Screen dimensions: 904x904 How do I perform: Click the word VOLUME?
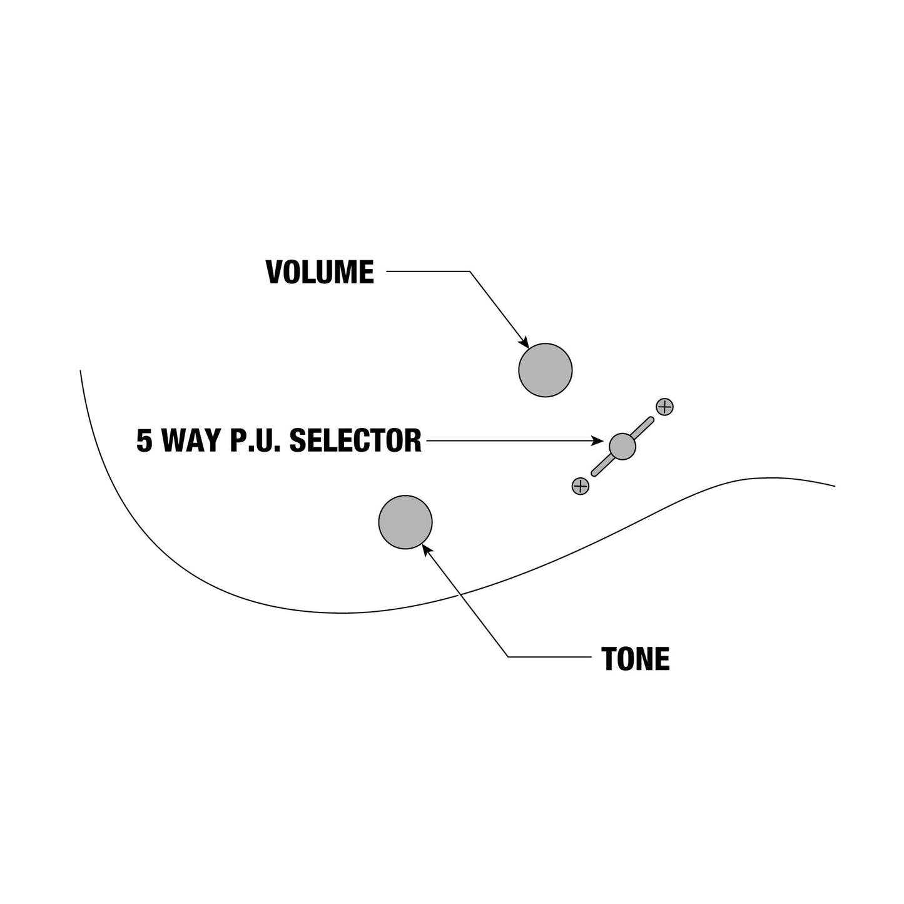click(x=320, y=272)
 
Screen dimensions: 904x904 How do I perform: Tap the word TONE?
click(x=635, y=659)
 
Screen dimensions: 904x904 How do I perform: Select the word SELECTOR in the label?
click(x=355, y=440)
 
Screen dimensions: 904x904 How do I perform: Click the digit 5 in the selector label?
click(x=144, y=440)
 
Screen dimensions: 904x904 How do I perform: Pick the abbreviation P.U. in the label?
click(x=255, y=440)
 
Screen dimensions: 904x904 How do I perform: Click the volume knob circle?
click(x=545, y=370)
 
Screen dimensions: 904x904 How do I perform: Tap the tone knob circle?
click(x=405, y=522)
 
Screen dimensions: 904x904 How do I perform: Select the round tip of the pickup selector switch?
click(x=622, y=446)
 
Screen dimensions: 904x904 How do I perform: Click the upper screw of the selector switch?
click(x=665, y=407)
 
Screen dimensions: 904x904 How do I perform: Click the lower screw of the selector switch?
click(x=581, y=486)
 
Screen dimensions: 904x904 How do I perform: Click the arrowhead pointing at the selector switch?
click(x=597, y=440)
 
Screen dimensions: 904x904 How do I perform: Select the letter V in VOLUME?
click(x=274, y=272)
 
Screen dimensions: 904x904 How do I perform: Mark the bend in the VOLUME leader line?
click(x=470, y=271)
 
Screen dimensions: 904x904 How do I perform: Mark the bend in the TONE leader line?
click(x=508, y=657)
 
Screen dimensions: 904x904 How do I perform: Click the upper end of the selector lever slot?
click(x=651, y=419)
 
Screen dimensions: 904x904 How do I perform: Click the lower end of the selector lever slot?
click(x=594, y=474)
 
